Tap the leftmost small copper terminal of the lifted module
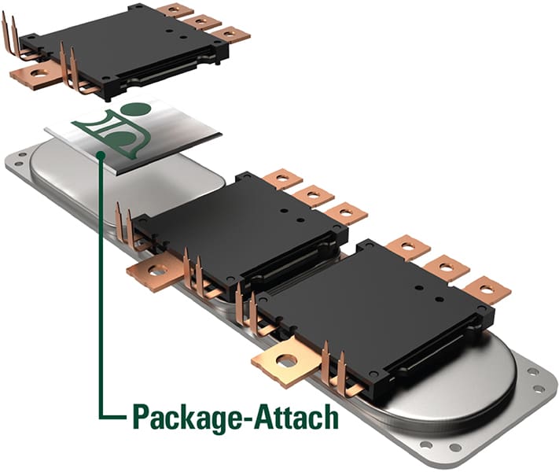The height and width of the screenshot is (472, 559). click(175, 10)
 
